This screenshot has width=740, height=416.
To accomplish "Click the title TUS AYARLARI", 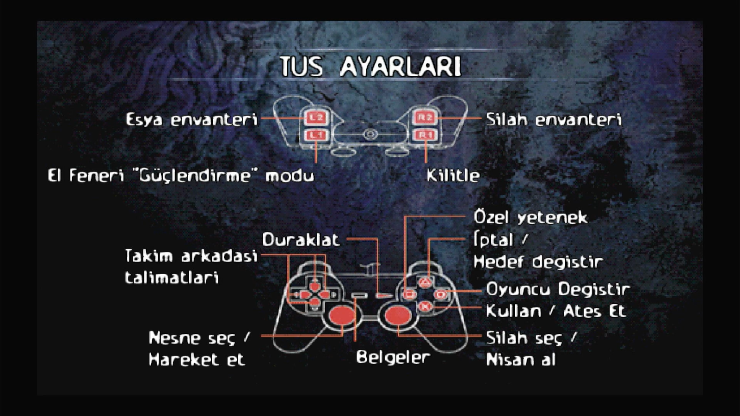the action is (x=370, y=67).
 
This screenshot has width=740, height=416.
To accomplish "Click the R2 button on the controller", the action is (x=425, y=118).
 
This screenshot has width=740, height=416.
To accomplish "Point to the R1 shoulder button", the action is (x=425, y=135).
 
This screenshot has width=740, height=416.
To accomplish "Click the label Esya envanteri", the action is (x=191, y=120).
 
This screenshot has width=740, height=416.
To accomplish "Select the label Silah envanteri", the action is (x=554, y=120).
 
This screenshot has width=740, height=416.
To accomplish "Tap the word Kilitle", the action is (x=453, y=175).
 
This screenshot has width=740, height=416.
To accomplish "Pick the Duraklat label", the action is (x=301, y=240).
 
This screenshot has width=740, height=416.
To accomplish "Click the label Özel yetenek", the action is (x=531, y=217).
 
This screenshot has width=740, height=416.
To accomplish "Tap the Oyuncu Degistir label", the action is (x=558, y=289).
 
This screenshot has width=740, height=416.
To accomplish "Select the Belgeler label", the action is (x=393, y=357).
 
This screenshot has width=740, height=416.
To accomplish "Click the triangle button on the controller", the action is (x=425, y=282).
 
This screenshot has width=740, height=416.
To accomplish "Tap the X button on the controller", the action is (x=425, y=307).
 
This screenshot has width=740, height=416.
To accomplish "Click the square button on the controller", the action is (x=410, y=294).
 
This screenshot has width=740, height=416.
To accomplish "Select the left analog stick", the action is (x=342, y=315).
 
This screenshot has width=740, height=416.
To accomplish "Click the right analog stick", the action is (x=398, y=315).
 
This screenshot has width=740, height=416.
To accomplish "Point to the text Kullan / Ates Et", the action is (x=556, y=311).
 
